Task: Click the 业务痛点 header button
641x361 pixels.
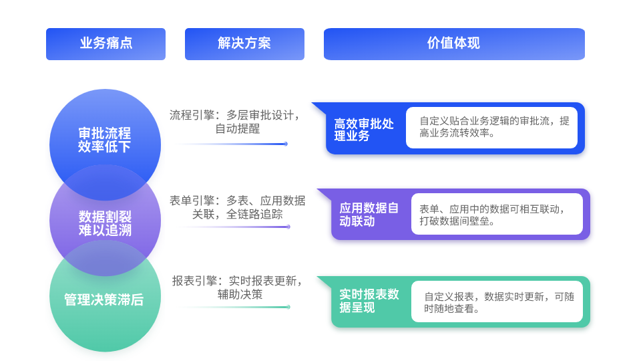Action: [x=105, y=44]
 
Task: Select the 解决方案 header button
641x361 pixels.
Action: [x=244, y=44]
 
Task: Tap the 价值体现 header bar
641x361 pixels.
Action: [x=454, y=44]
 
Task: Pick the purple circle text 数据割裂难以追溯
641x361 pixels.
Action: [x=105, y=223]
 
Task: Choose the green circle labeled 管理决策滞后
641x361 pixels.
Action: [x=104, y=300]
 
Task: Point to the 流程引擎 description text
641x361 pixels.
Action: [x=234, y=122]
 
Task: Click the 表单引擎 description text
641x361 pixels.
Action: [x=237, y=207]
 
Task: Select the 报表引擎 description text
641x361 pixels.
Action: [x=237, y=287]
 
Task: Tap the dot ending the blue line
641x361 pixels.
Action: [x=285, y=144]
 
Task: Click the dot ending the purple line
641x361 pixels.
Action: [x=288, y=227]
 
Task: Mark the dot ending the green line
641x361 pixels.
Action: [x=288, y=307]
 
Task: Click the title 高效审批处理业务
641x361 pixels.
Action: [x=364, y=130]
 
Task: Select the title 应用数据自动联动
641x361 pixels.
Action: [x=369, y=215]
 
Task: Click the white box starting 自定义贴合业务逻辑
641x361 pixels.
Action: [x=491, y=127]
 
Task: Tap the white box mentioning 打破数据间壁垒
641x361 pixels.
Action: [x=497, y=214]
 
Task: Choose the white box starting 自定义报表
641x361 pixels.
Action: [x=497, y=302]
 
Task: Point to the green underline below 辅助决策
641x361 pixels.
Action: [x=230, y=307]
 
